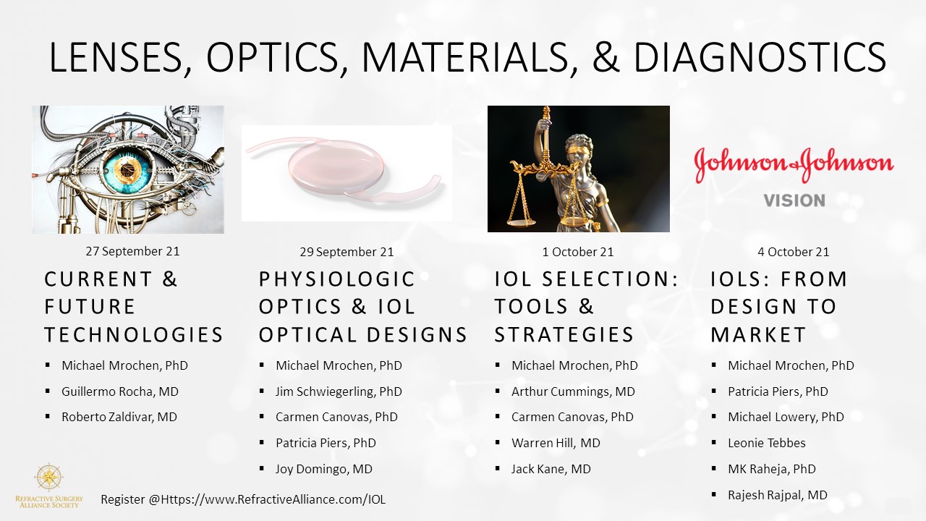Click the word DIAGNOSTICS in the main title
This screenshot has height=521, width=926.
click(x=759, y=57)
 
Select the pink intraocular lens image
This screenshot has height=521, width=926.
click(x=347, y=173)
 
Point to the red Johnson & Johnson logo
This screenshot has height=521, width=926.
click(x=794, y=164)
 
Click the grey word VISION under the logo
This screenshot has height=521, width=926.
click(x=794, y=200)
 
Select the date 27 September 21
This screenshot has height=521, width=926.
click(x=132, y=251)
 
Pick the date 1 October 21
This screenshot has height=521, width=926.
click(x=578, y=252)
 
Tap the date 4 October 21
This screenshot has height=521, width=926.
click(x=794, y=252)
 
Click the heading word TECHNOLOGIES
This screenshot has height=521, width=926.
click(x=134, y=334)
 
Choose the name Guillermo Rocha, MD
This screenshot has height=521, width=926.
click(x=120, y=391)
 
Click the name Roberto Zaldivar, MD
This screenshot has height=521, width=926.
click(x=119, y=417)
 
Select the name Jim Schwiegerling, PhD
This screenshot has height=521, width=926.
click(x=339, y=391)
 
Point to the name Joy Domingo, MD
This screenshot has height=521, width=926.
click(x=323, y=469)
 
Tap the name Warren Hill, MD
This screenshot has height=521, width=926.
click(x=556, y=443)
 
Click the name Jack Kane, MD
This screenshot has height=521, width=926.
click(x=551, y=469)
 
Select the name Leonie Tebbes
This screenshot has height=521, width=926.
click(x=766, y=443)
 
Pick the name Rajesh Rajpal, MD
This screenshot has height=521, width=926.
click(x=777, y=495)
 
